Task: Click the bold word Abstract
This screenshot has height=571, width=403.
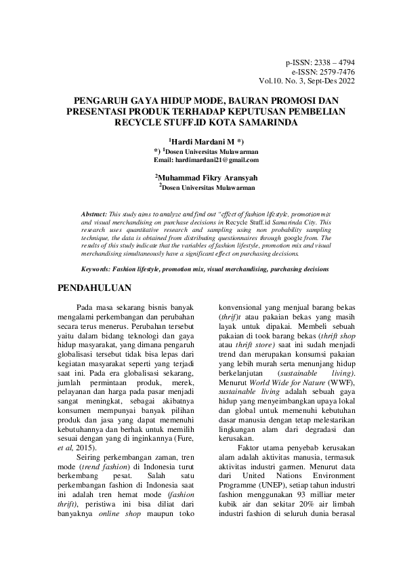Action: (94, 213)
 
